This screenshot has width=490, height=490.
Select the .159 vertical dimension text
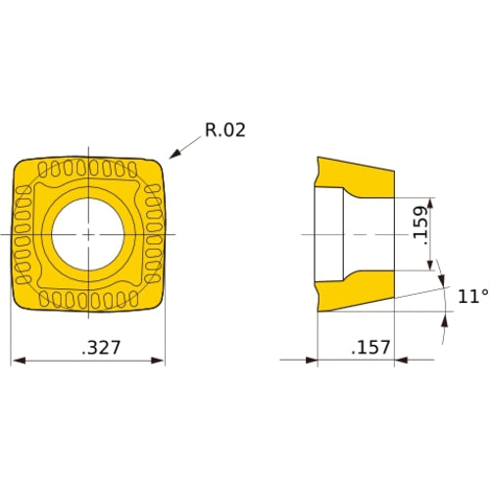point(418,226)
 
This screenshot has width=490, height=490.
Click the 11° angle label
point(470,295)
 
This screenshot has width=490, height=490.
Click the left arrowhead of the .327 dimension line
point(15,361)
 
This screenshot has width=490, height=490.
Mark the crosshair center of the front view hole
point(88,235)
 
